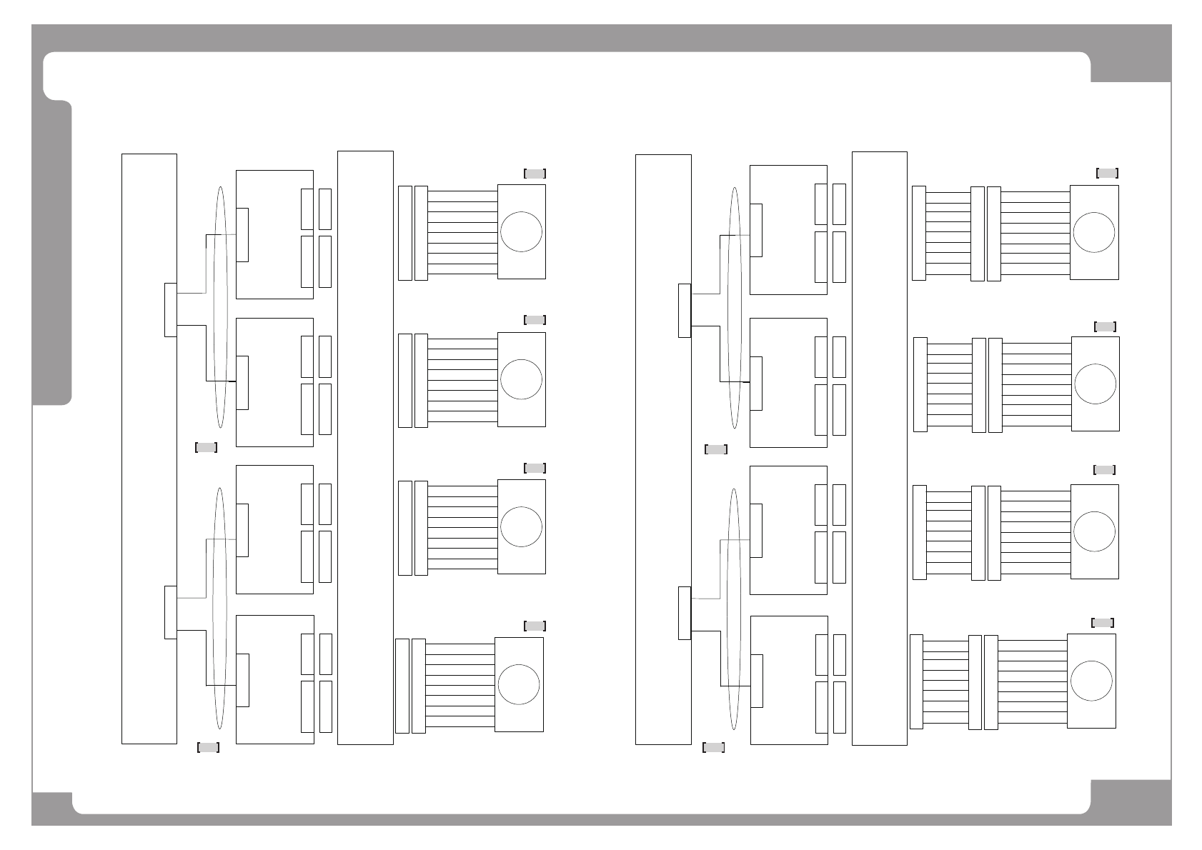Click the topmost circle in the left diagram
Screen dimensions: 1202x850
(x=521, y=231)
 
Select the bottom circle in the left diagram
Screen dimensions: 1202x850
(x=519, y=684)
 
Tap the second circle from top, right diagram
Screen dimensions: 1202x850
(x=1095, y=384)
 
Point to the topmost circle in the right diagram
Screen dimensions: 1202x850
(x=1093, y=232)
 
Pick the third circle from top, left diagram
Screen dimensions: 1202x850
(x=521, y=526)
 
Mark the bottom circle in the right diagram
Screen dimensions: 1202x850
(x=1091, y=681)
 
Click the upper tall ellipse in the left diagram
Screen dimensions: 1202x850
(x=220, y=307)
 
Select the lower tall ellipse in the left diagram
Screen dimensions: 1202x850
(x=220, y=607)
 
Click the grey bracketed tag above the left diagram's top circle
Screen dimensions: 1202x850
(x=535, y=174)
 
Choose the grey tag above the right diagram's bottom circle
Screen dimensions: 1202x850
(x=1103, y=622)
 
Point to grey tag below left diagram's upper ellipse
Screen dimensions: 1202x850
(x=206, y=448)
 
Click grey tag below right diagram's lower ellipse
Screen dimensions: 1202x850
(x=714, y=747)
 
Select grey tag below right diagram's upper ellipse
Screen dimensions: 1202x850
(x=715, y=449)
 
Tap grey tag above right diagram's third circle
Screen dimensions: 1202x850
(x=1104, y=470)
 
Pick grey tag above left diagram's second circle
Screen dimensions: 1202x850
(x=535, y=320)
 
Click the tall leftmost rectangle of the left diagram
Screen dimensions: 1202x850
(x=149, y=449)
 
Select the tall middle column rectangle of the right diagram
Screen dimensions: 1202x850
(x=880, y=449)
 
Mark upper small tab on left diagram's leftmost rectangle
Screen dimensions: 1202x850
(x=171, y=309)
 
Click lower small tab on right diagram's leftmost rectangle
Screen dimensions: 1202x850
(x=685, y=613)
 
